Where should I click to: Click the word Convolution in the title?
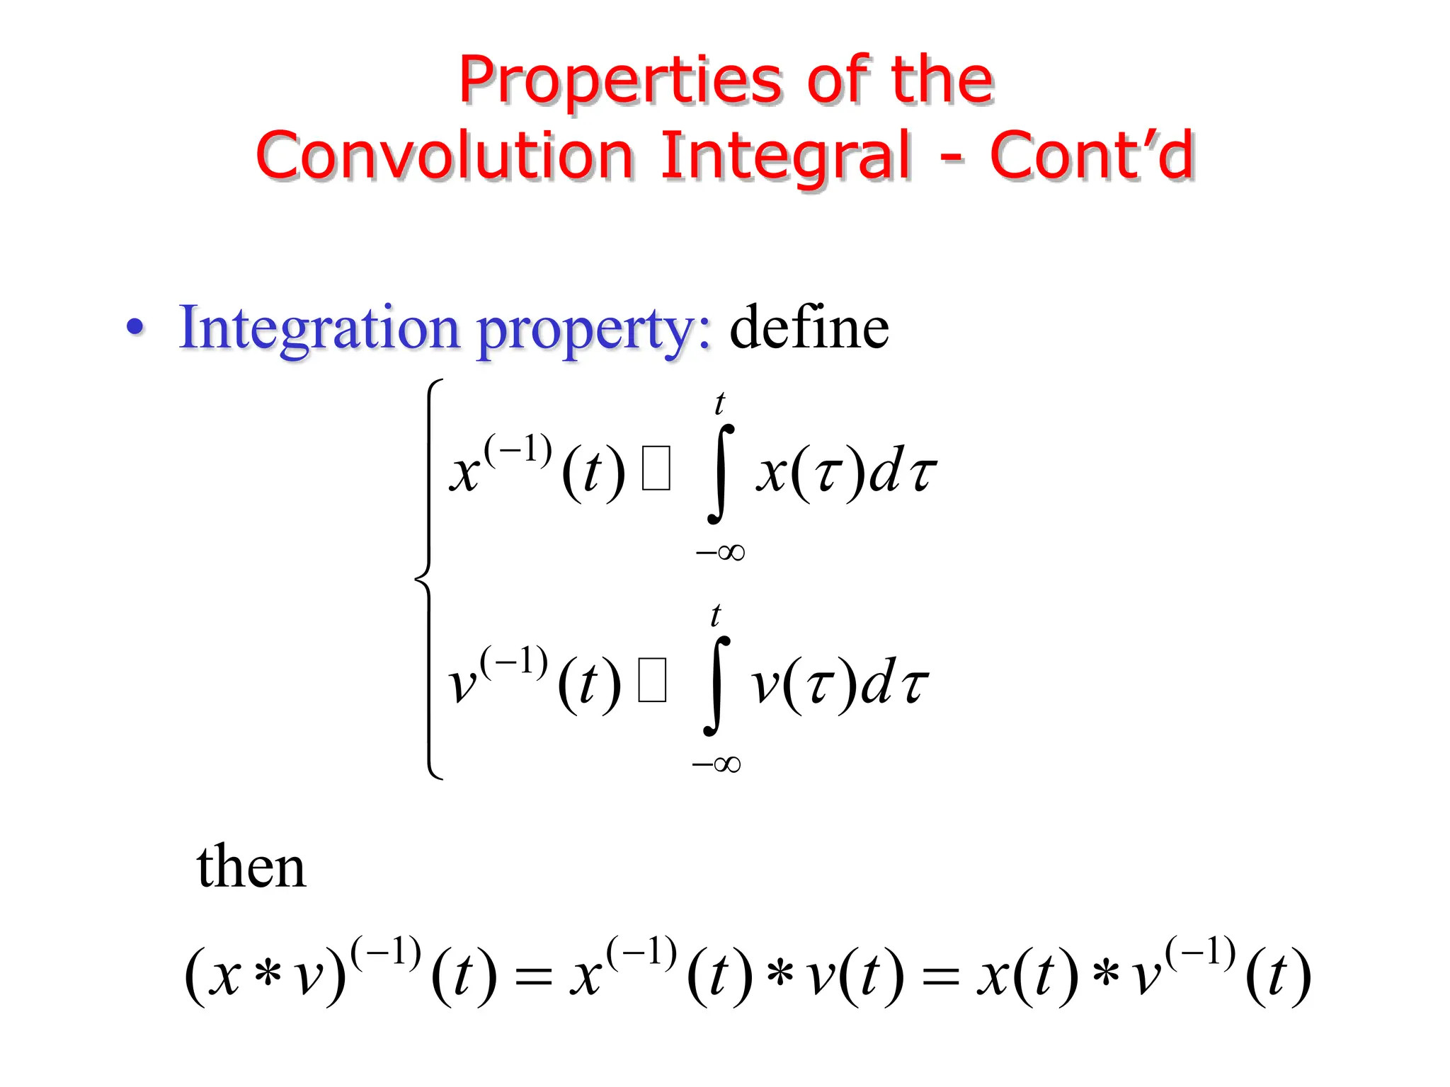click(445, 156)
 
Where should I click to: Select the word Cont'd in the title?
click(1092, 156)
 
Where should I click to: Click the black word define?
click(809, 327)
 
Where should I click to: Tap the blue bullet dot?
click(135, 328)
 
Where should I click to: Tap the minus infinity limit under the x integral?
click(720, 552)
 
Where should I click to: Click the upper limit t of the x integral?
click(720, 404)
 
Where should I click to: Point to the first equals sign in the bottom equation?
click(533, 979)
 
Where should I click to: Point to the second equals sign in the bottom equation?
click(941, 979)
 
